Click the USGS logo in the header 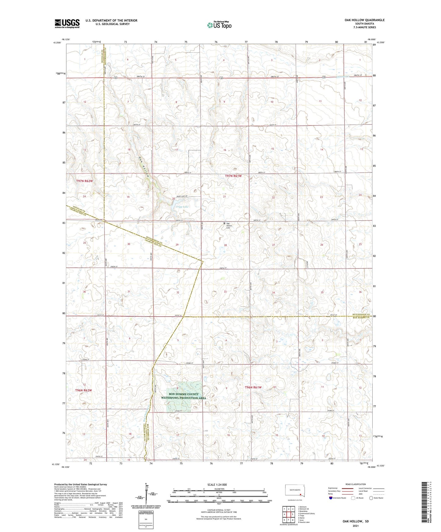(x=67, y=23)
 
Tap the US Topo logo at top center (x=219, y=25)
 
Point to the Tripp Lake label (x=182, y=207)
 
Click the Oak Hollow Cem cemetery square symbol (x=224, y=223)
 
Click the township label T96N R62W (x=83, y=390)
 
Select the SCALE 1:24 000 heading (x=217, y=484)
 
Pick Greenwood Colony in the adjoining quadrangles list (x=306, y=513)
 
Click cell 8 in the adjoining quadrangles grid (x=293, y=520)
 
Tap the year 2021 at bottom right (x=355, y=526)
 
